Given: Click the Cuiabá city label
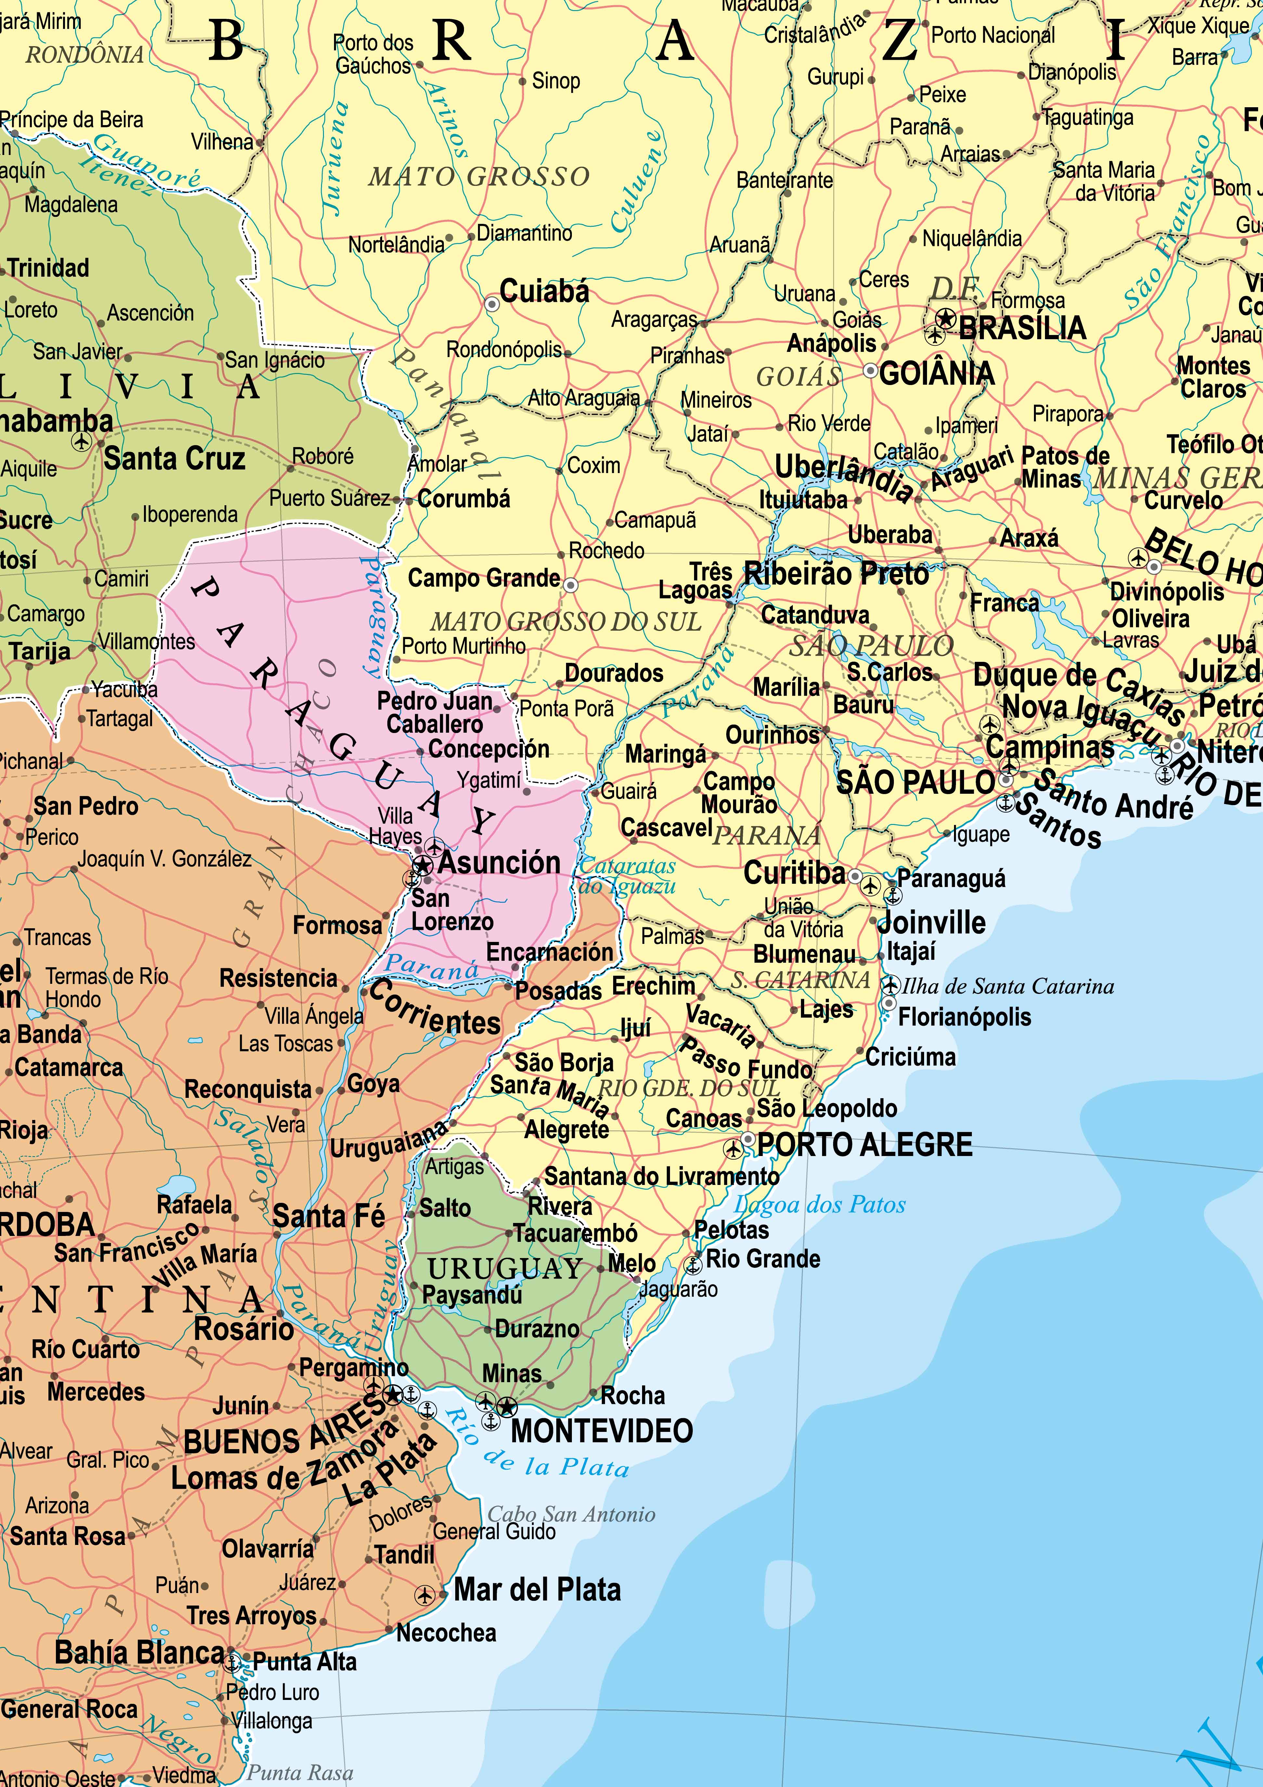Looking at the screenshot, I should (x=544, y=292).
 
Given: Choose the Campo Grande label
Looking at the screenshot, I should (x=484, y=578).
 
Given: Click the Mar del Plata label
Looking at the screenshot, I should (x=537, y=1589).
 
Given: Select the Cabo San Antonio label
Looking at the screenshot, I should (x=571, y=1514).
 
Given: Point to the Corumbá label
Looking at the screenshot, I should (x=464, y=499).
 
